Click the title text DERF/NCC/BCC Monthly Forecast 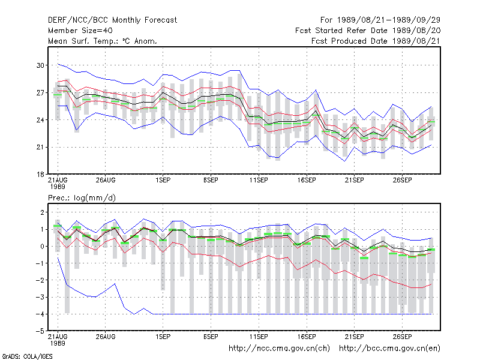[x=112, y=20]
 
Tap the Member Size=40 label [x=80, y=31]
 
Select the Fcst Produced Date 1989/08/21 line [x=376, y=41]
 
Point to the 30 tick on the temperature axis [x=40, y=65]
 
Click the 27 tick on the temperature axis [x=40, y=92]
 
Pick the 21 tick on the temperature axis [x=40, y=147]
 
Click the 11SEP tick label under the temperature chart [x=259, y=180]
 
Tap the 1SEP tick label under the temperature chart [x=163, y=180]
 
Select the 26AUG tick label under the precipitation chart [x=106, y=337]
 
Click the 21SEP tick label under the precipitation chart [x=355, y=337]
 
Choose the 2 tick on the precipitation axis [x=42, y=212]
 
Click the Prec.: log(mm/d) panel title [x=82, y=198]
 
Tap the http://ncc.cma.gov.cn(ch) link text [x=279, y=349]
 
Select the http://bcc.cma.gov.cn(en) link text [x=389, y=349]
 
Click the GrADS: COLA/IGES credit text [x=27, y=356]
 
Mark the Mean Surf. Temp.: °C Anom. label [x=103, y=41]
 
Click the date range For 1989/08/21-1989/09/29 [x=380, y=20]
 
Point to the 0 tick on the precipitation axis [x=42, y=246]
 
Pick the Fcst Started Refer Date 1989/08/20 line [x=368, y=31]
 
